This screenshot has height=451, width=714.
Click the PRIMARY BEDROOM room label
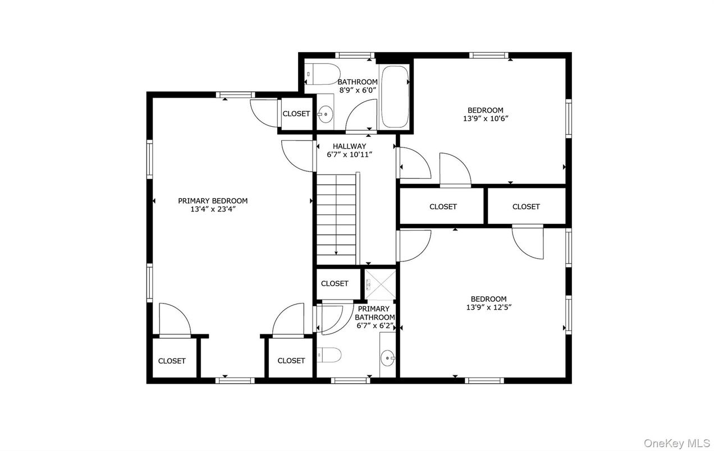(x=213, y=201)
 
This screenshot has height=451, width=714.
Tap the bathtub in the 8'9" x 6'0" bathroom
(x=395, y=96)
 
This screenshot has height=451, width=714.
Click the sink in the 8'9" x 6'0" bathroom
(x=324, y=114)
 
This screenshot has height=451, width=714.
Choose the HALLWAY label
(x=349, y=146)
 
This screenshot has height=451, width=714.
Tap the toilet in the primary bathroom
(x=329, y=354)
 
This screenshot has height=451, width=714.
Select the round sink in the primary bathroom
(x=387, y=356)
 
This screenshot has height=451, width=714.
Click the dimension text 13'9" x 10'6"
(x=486, y=119)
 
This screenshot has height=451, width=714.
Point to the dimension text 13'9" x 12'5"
(x=488, y=307)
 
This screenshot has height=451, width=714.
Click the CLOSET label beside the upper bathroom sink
(x=296, y=114)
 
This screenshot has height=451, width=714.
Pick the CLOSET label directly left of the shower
(x=335, y=284)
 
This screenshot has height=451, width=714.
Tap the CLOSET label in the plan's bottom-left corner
(x=172, y=361)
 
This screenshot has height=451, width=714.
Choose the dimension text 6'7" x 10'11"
(x=350, y=155)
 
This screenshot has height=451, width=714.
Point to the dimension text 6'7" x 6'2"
(x=375, y=325)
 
